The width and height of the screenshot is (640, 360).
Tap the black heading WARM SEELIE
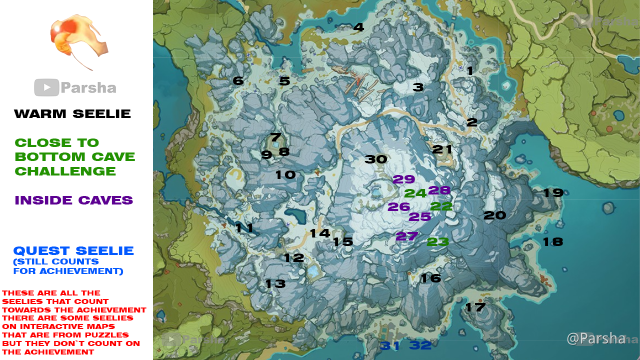point(72,114)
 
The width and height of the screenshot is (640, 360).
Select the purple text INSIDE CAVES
point(73,200)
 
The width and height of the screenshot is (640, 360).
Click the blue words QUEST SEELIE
point(73,251)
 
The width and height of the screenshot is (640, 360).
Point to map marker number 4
point(358,27)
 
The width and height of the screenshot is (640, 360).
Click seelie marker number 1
point(470,71)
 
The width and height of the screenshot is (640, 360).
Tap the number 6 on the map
point(238,81)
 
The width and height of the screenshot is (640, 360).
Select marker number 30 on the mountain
point(376,159)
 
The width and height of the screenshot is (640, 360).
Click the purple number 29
point(404,179)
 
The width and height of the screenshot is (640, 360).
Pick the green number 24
point(415,193)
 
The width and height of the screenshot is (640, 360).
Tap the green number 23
point(437,242)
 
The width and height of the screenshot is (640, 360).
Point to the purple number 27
point(406,236)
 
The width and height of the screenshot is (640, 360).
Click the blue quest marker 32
point(420,345)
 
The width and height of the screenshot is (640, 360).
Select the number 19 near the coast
point(553,193)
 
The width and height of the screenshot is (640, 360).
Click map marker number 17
point(475,307)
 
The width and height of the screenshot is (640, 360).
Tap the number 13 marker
point(275,284)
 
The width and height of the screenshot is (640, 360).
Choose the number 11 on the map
point(244,228)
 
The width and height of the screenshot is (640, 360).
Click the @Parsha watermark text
point(595,338)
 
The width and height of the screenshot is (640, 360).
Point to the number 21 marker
point(442,149)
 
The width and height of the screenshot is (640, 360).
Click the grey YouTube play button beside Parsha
point(46,88)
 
